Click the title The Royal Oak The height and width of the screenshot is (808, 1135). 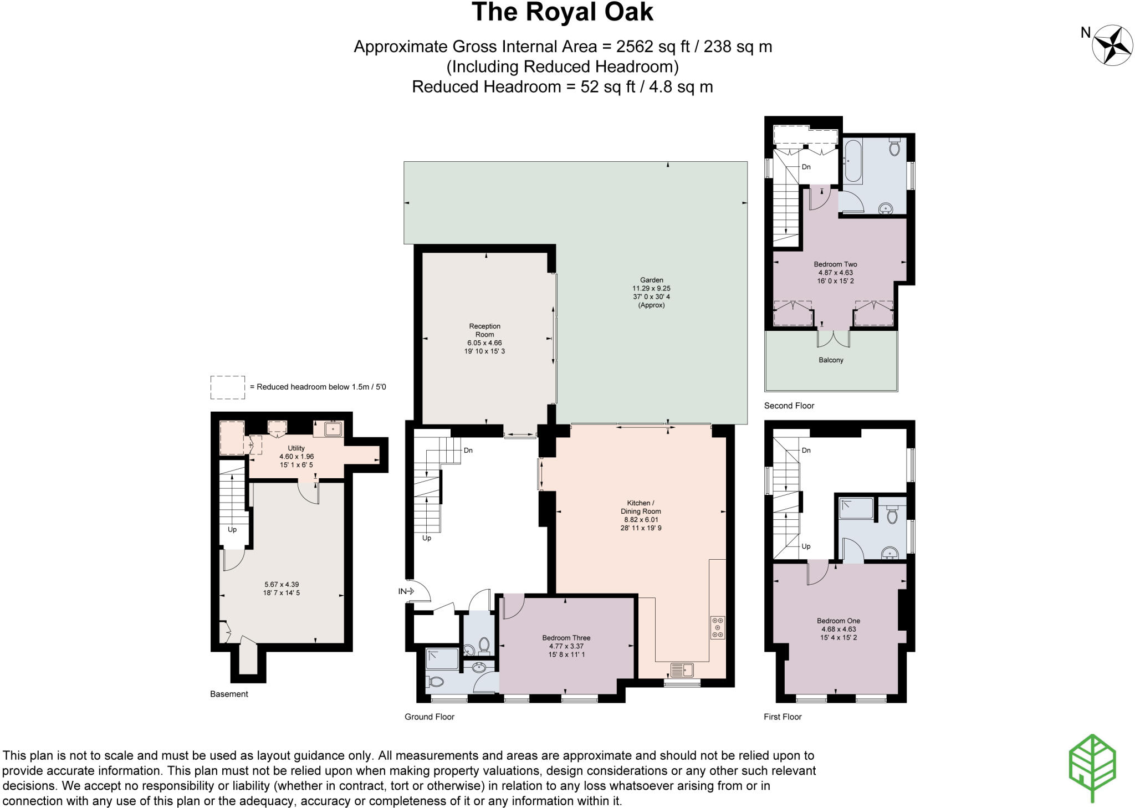click(562, 12)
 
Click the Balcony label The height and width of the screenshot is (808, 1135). click(831, 360)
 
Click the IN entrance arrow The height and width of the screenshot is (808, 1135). click(406, 591)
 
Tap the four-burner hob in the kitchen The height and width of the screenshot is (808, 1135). click(717, 627)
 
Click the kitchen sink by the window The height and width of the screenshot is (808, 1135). click(682, 670)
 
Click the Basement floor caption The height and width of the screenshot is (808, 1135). click(229, 694)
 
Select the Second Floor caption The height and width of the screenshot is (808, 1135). click(789, 406)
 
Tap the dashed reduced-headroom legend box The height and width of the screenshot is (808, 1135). click(227, 387)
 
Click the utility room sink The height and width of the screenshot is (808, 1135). click(333, 428)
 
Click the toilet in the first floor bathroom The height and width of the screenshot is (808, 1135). click(892, 515)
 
